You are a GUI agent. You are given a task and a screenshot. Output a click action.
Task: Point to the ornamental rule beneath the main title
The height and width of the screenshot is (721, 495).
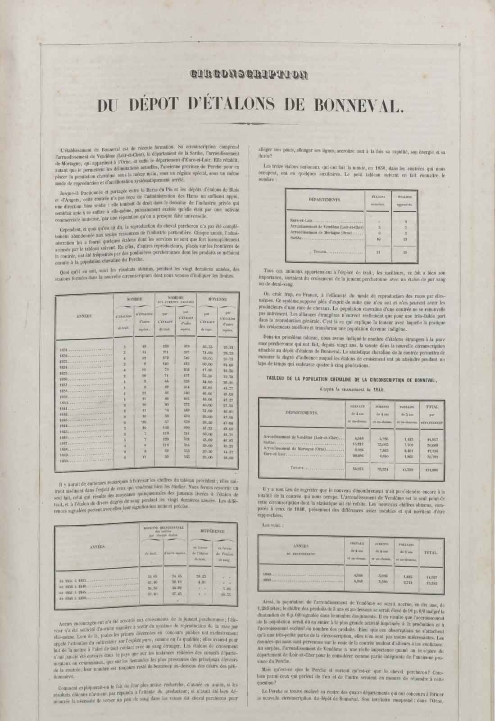click(x=247, y=123)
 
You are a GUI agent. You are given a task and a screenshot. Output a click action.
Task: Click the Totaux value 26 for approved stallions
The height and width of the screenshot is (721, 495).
click(x=405, y=252)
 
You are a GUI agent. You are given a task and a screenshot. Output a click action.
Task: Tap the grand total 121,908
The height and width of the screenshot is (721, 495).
click(x=431, y=469)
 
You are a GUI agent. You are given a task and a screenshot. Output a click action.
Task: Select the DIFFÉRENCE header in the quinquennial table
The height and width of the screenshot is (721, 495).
click(x=212, y=531)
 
